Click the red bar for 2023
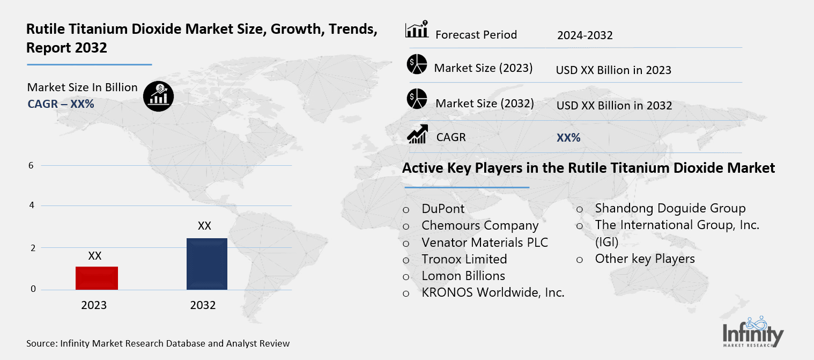pos(97,278)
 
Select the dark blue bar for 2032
pos(206,264)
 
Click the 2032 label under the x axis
pos(203,305)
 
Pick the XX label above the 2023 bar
pos(95,256)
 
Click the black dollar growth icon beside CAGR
pos(158,97)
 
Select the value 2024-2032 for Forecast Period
pos(584,35)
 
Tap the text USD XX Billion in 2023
pos(613,70)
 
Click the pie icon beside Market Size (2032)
pos(416,99)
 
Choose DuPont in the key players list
pos(443,209)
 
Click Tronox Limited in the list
pos(464,259)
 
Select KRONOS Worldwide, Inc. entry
pos(493,292)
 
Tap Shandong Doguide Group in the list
pos(670,208)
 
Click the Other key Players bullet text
pos(645,259)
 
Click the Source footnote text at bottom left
pos(158,343)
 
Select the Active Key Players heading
pos(588,168)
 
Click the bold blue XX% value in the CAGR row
pos(568,138)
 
